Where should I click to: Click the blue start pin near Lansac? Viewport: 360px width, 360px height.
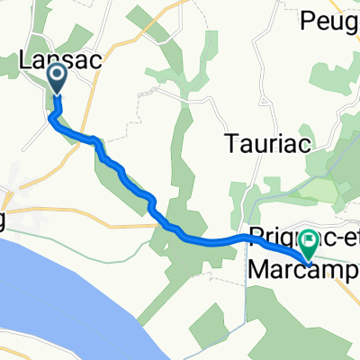pos(57,79)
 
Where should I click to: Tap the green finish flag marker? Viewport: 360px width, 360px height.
pos(309,245)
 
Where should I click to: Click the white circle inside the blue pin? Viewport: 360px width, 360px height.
pos(57,76)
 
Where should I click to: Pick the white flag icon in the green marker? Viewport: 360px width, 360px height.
pos(309,241)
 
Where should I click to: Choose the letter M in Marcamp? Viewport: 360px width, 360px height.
pos(256,270)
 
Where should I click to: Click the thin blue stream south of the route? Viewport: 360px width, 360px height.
pos(246,288)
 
